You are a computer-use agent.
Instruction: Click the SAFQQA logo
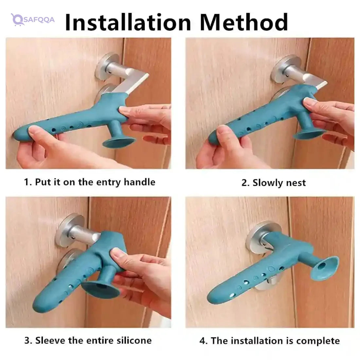click(x=33, y=20)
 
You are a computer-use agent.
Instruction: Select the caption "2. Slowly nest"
click(x=274, y=183)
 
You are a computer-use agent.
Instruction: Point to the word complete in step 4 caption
click(x=318, y=341)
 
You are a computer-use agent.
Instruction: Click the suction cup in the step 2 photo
click(x=309, y=133)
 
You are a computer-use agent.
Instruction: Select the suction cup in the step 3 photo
click(x=100, y=288)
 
